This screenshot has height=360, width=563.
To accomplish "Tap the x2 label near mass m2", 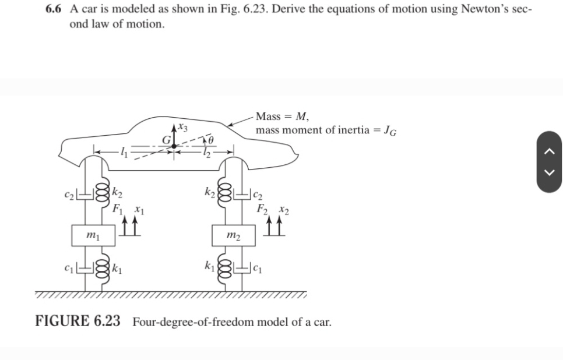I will [282, 209].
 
